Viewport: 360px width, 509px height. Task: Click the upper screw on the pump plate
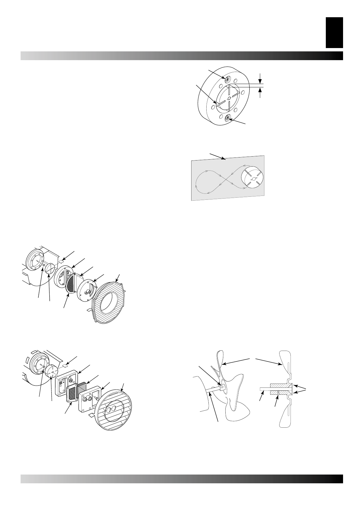tap(227, 78)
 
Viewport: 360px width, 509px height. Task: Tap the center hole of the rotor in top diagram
tap(229, 98)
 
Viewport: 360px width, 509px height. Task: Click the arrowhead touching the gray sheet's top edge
tap(224, 158)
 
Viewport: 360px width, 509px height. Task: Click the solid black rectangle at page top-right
tap(334, 32)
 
